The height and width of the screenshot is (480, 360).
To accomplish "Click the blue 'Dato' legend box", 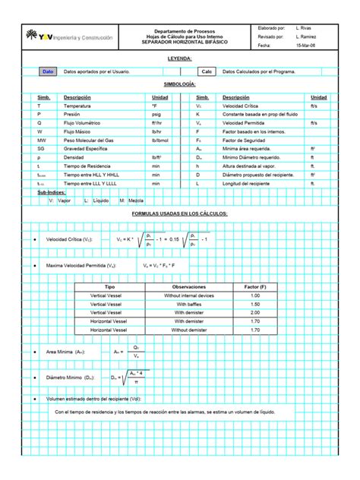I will [x=48, y=71].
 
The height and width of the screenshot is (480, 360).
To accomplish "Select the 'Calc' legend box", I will [x=206, y=71].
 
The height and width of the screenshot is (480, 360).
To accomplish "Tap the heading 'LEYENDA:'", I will [x=179, y=58].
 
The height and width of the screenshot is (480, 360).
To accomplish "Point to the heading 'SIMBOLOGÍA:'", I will [x=179, y=84].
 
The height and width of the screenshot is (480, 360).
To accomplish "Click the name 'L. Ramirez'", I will [x=305, y=36].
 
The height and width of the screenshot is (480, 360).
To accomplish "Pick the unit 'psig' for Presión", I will [x=157, y=115].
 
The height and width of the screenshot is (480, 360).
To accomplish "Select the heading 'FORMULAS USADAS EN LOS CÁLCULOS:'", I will [x=179, y=213].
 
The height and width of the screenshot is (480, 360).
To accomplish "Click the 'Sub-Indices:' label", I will [x=51, y=193].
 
